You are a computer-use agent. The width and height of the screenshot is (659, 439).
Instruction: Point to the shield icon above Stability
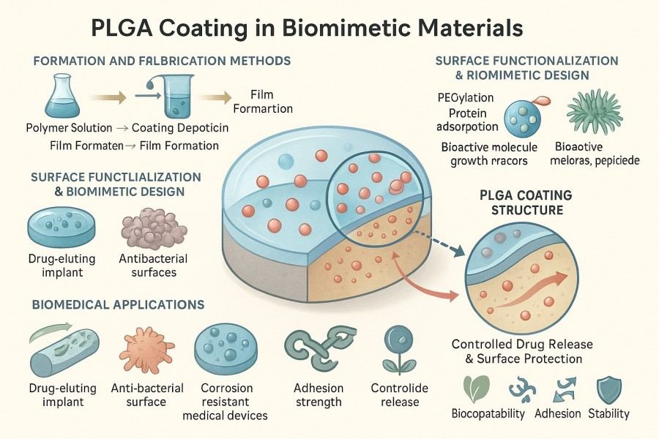pyautogui.click(x=608, y=388)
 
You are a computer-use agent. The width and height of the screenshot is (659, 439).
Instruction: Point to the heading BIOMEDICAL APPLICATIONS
pyautogui.click(x=117, y=303)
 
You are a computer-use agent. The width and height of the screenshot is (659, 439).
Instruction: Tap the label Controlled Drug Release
pyautogui.click(x=522, y=345)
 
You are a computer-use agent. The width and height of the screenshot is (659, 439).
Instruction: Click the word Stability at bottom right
pyautogui.click(x=608, y=413)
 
